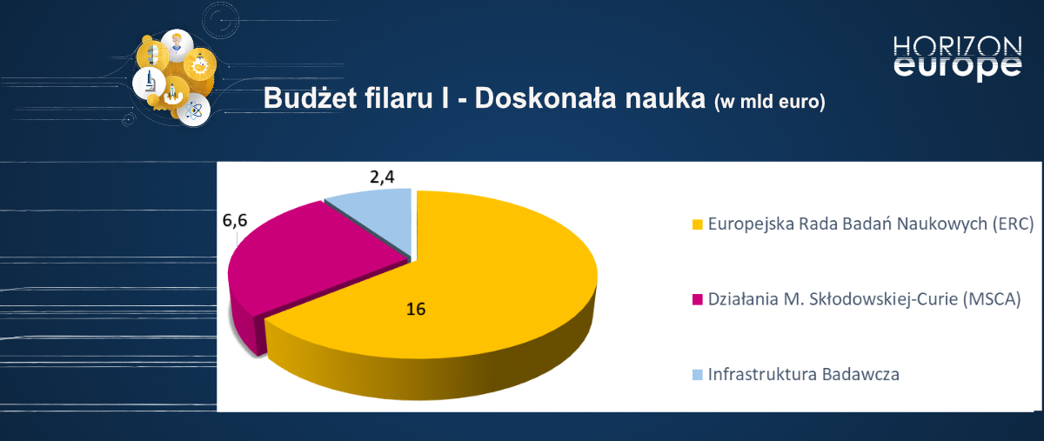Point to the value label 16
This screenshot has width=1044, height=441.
click(x=416, y=309)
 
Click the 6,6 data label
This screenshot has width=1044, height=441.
click(x=236, y=221)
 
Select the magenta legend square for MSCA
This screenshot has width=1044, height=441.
click(x=697, y=300)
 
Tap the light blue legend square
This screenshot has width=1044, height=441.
click(x=697, y=376)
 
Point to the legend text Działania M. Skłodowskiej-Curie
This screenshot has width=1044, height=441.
click(x=863, y=299)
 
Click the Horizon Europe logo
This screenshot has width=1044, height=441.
click(x=957, y=57)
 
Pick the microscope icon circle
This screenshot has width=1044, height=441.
click(x=149, y=83)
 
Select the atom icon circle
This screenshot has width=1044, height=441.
click(x=195, y=110)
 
